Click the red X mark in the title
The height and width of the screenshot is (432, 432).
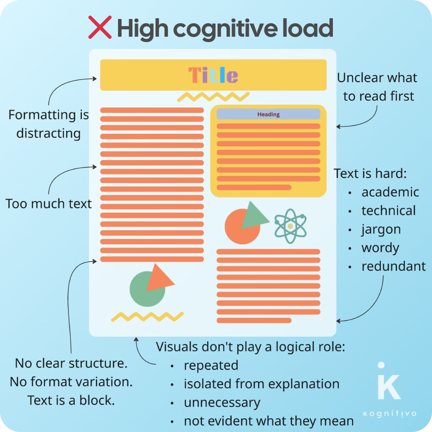[x=100, y=27]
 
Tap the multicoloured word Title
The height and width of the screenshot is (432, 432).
[x=213, y=75]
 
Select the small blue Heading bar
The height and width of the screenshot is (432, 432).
[x=268, y=114]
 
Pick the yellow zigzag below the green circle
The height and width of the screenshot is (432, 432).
[x=147, y=316]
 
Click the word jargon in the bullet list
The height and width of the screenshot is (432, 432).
[x=381, y=229]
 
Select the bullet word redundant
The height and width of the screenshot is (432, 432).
[x=394, y=267]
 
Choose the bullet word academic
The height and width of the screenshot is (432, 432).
[x=390, y=192]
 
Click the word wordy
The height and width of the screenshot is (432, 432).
[x=380, y=248]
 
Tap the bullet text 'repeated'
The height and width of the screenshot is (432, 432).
[x=211, y=365]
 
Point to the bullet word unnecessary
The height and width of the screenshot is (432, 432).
[x=222, y=402]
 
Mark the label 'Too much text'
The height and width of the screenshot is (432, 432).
[x=49, y=204]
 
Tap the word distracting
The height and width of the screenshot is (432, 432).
[x=49, y=133]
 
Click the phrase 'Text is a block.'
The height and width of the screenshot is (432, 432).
[x=71, y=400]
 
